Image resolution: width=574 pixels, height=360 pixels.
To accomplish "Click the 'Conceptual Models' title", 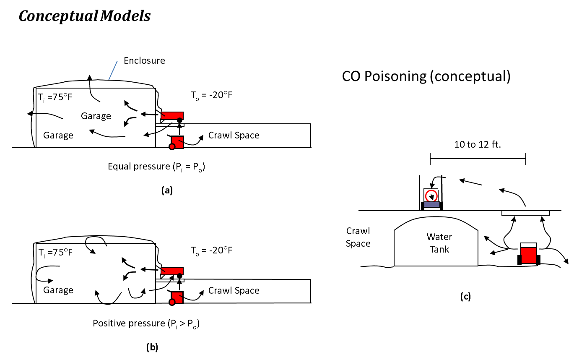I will pyautogui.click(x=85, y=16).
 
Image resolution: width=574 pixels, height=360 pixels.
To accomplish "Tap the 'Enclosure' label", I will pyautogui.click(x=144, y=60).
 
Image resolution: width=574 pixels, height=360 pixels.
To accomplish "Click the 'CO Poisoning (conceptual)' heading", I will pyautogui.click(x=426, y=77).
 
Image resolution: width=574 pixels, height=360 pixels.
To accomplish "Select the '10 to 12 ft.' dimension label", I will pyautogui.click(x=478, y=145).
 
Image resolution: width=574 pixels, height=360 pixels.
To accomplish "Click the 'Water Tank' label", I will pyautogui.click(x=439, y=243).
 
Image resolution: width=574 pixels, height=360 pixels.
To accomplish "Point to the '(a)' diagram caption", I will pyautogui.click(x=167, y=190).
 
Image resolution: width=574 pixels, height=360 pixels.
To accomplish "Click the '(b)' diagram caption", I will pyautogui.click(x=152, y=347).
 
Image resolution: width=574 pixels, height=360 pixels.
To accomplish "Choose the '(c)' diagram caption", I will pyautogui.click(x=465, y=297).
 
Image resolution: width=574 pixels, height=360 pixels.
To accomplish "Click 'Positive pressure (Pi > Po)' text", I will pyautogui.click(x=145, y=323).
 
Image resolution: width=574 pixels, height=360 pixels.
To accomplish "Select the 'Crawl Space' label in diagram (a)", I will pyautogui.click(x=234, y=136).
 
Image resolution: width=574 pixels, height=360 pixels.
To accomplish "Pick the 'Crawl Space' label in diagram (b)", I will pyautogui.click(x=234, y=291).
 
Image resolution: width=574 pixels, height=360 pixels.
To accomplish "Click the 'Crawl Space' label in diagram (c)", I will pyautogui.click(x=358, y=237).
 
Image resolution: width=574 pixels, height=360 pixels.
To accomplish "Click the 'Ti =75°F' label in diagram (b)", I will pyautogui.click(x=55, y=253).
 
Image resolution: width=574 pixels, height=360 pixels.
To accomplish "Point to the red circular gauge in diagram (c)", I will pyautogui.click(x=431, y=196).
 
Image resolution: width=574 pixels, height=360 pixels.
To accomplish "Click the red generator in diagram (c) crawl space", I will pyautogui.click(x=529, y=254).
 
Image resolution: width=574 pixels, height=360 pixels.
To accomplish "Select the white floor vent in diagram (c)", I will pyautogui.click(x=525, y=213).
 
